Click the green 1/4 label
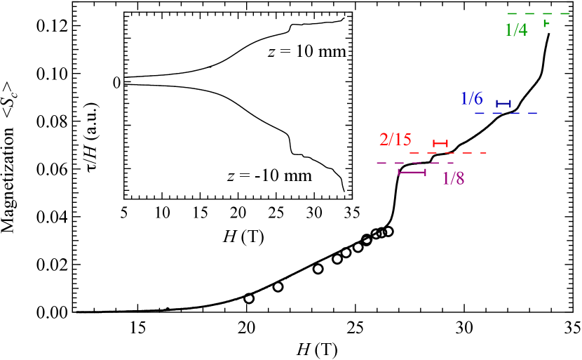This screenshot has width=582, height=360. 516,29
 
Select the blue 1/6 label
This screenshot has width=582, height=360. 471,99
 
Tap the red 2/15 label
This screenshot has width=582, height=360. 395,139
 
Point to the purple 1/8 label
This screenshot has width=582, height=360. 453,179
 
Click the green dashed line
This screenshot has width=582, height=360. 539,13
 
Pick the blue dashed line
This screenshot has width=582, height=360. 506,113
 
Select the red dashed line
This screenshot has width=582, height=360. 447,153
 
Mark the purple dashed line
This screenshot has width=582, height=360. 415,163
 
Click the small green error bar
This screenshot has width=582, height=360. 546,24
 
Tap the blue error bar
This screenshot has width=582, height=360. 503,104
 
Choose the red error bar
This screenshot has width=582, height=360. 440,143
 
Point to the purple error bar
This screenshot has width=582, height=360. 412,172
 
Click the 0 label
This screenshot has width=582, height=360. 117,83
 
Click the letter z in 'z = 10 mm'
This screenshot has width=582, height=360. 273,52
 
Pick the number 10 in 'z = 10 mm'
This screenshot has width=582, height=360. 305,52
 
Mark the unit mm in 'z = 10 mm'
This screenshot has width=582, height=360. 332,52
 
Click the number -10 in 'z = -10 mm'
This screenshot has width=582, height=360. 266,175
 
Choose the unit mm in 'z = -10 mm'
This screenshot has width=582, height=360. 297,175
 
